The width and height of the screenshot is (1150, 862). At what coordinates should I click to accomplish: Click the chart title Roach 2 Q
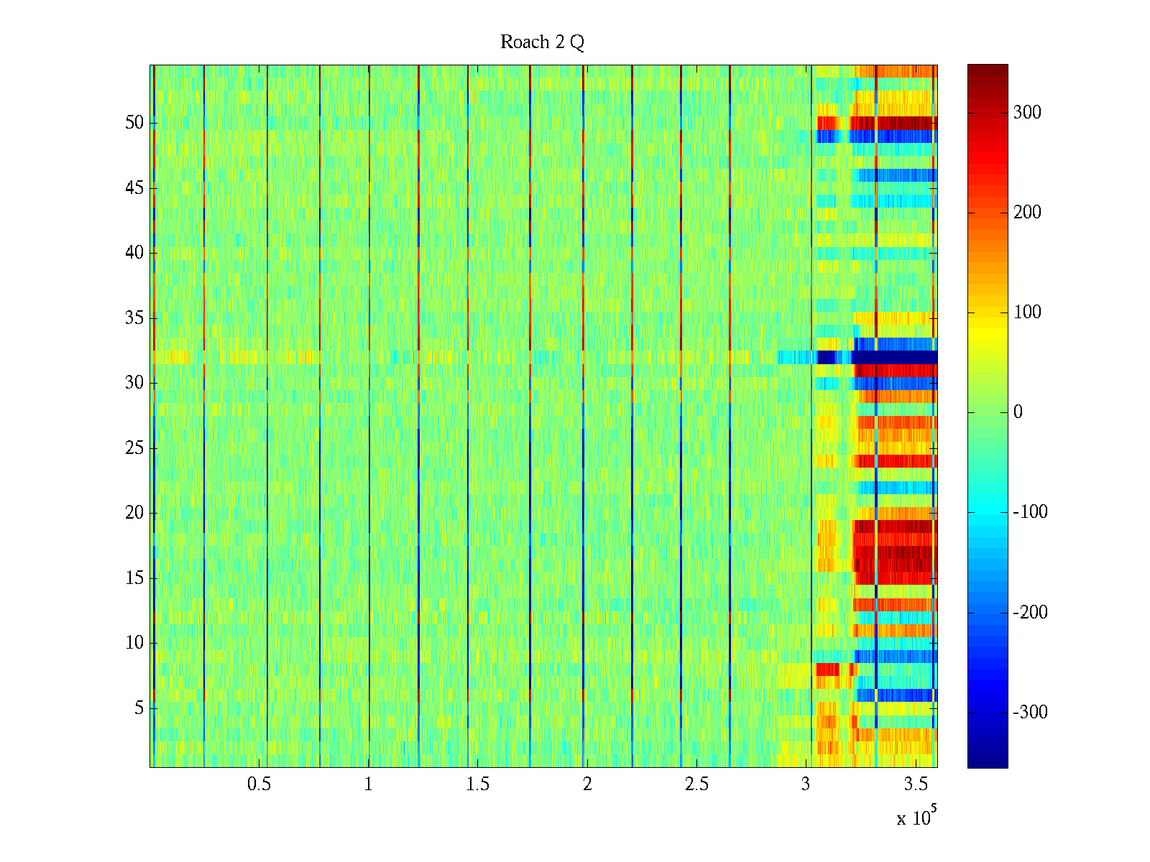tap(542, 42)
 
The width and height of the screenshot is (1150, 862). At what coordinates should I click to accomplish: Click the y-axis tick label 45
tap(134, 188)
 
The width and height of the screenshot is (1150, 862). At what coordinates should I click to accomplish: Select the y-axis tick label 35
tap(134, 318)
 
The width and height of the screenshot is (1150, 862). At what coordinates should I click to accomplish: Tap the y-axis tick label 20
tap(134, 513)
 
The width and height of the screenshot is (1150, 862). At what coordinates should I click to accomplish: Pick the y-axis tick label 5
tap(139, 708)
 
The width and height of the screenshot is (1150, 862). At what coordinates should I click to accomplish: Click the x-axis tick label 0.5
tap(259, 784)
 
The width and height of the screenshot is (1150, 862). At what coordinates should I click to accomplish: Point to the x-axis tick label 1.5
tap(478, 784)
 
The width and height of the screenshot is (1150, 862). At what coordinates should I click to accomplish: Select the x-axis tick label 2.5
tap(696, 784)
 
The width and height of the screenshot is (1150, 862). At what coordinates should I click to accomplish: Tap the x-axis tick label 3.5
tap(916, 784)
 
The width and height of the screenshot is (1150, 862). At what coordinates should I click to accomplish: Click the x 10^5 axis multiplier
tap(916, 817)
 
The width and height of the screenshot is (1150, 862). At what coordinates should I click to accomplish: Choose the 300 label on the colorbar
tap(1026, 113)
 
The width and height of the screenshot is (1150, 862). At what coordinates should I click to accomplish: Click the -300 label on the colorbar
tap(1030, 713)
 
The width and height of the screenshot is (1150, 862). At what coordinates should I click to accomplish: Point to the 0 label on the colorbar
tap(1018, 412)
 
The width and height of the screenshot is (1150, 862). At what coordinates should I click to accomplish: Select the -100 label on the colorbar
tap(1030, 512)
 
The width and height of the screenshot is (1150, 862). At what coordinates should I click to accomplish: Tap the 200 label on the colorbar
tap(1026, 213)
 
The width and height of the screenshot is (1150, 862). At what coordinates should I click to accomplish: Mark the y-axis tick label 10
tap(134, 643)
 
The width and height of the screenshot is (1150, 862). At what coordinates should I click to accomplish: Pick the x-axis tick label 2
tap(587, 784)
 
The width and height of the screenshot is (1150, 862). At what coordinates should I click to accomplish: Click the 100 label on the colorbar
tap(1026, 312)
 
